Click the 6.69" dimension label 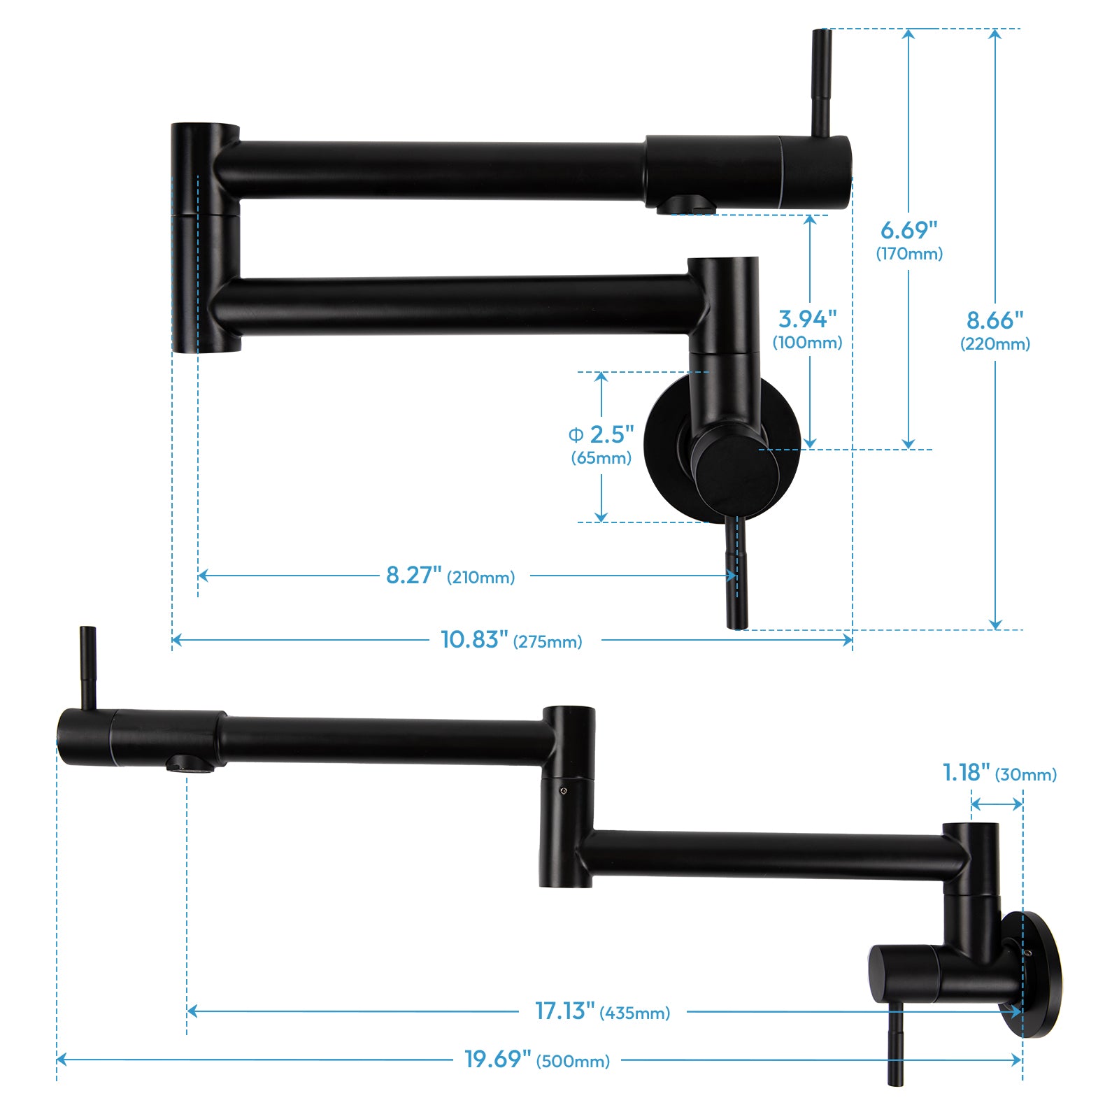tap(908, 230)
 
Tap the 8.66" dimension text tap(995, 320)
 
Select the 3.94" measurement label tap(807, 319)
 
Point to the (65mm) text tap(601, 458)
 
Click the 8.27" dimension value tap(413, 576)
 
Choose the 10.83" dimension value tap(473, 639)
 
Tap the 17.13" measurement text tap(564, 1011)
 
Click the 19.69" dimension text tap(497, 1059)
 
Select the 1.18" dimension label tap(966, 773)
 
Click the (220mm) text tap(995, 344)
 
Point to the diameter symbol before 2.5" tap(576, 435)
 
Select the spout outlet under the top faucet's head tap(685, 205)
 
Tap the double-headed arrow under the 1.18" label tap(997, 804)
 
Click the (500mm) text tap(573, 1062)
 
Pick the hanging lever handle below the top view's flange tap(737, 573)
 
